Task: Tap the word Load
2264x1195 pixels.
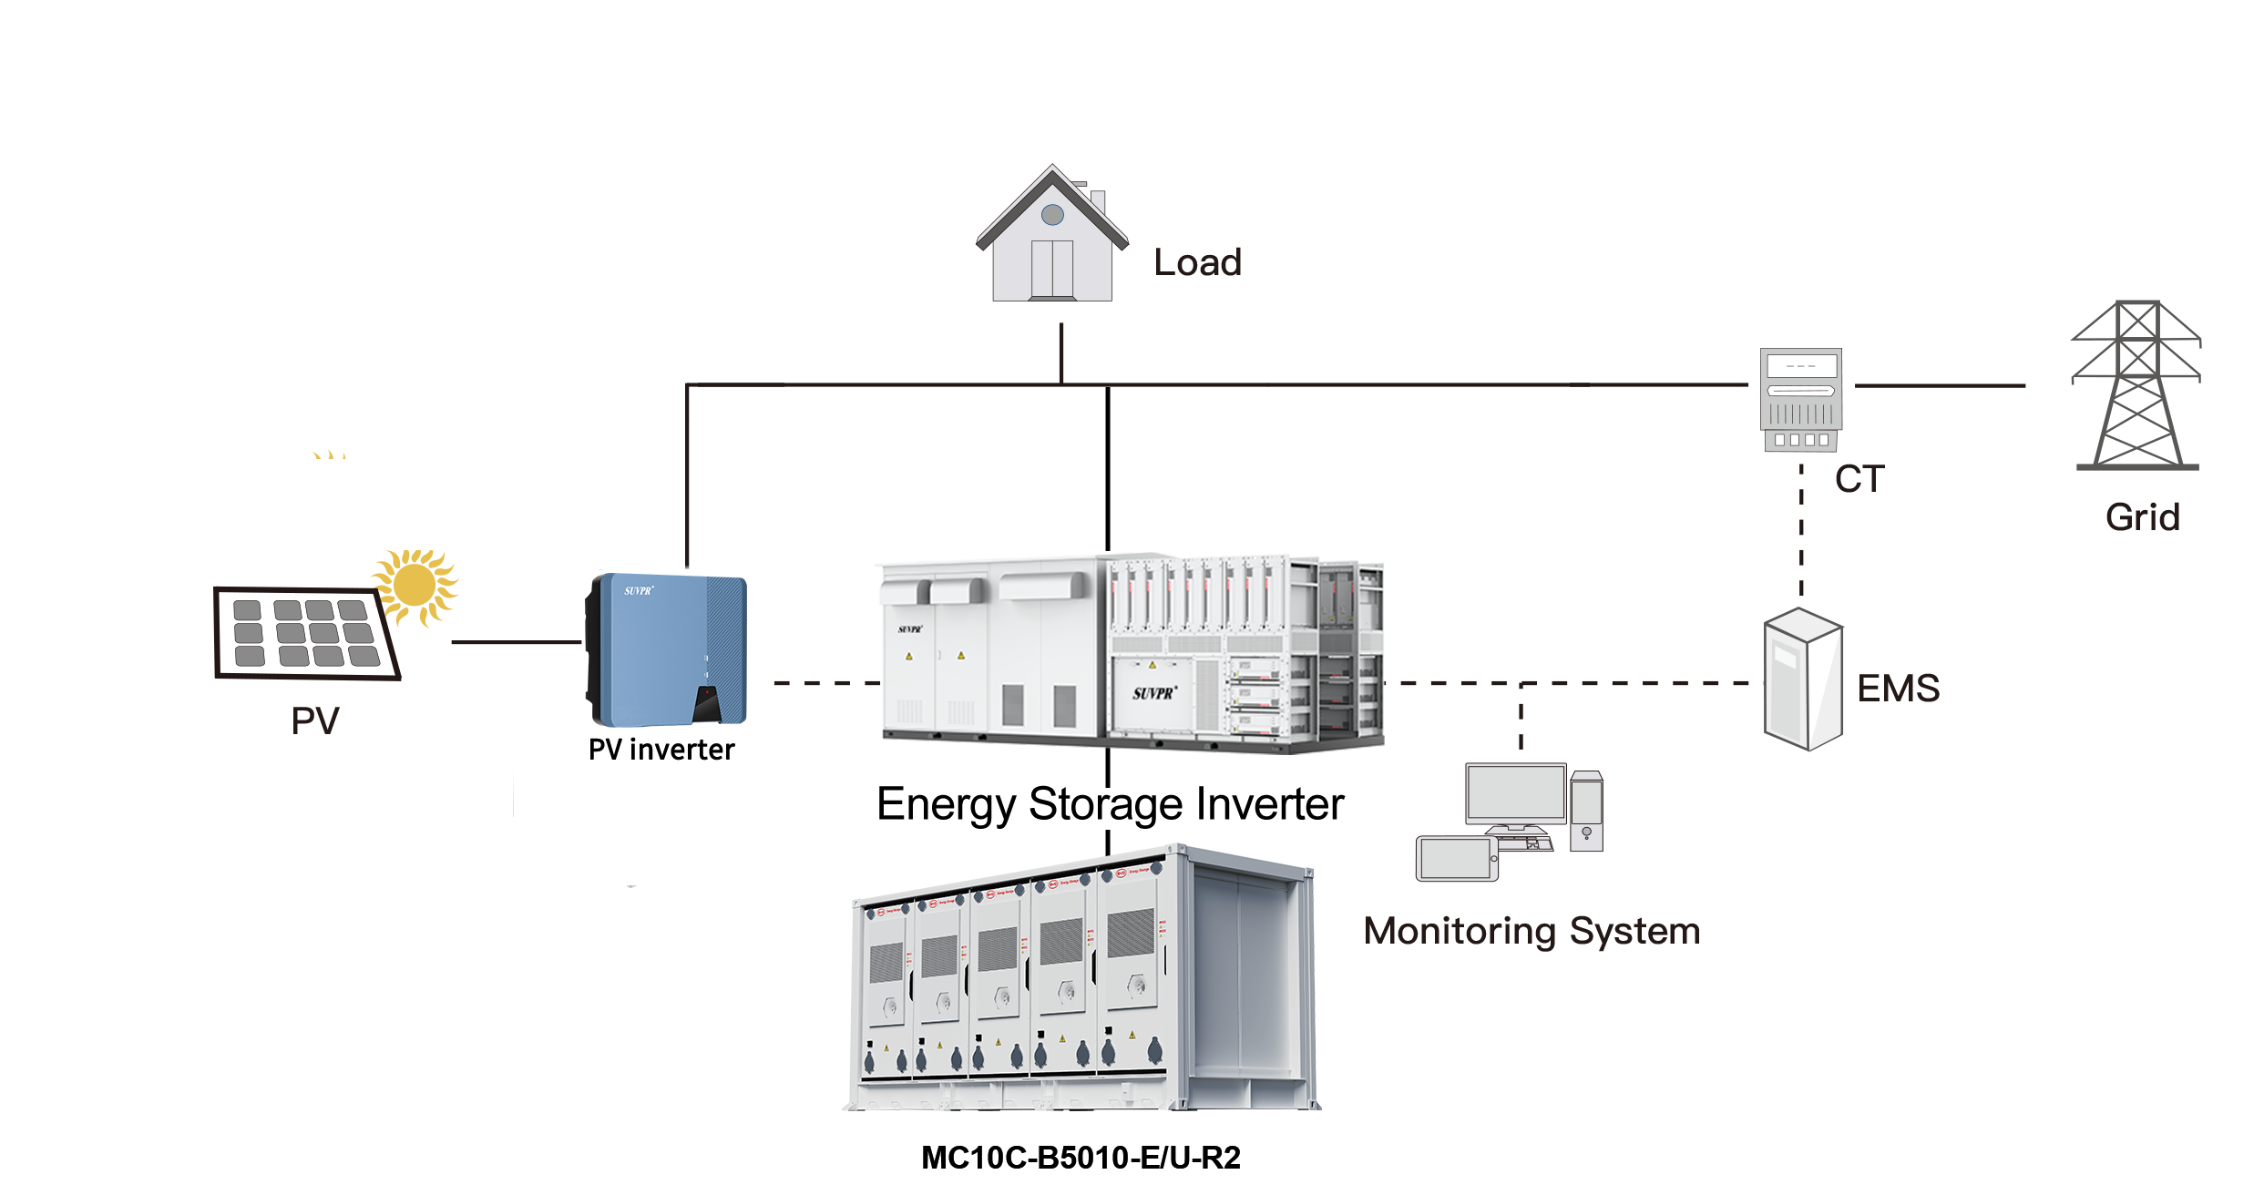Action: coord(1197,262)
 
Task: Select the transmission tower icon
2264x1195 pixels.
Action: coord(2136,386)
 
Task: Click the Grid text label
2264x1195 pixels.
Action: coord(2142,517)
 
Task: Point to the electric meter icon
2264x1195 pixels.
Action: coord(1800,401)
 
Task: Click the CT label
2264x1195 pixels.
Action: coord(1859,479)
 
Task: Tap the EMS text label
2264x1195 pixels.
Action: coord(1899,689)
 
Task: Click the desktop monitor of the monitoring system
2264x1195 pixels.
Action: coord(1515,795)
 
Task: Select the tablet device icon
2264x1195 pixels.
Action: coord(1457,859)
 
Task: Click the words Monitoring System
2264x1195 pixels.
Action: coord(1532,931)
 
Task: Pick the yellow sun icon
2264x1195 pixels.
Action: coord(415,587)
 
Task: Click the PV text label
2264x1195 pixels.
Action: coord(315,721)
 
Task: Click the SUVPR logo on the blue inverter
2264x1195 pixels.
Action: coord(639,591)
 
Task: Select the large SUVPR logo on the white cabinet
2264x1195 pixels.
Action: coord(1154,693)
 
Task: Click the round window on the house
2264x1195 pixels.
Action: coord(1052,215)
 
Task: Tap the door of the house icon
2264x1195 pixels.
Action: coord(1052,269)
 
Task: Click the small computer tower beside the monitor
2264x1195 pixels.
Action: coord(1586,812)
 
